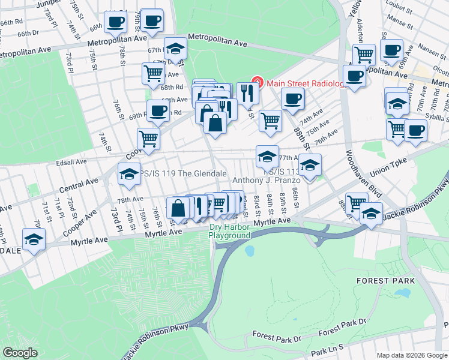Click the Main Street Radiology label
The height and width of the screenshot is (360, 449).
point(305,83)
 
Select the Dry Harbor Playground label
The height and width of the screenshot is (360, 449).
point(229,231)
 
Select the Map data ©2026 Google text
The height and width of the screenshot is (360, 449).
point(412,355)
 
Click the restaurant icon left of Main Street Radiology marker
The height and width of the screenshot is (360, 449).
point(247,92)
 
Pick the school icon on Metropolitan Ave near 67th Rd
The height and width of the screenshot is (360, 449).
point(175,48)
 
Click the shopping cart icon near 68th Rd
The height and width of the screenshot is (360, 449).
point(153,73)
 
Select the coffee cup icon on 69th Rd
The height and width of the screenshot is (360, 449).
point(158,110)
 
